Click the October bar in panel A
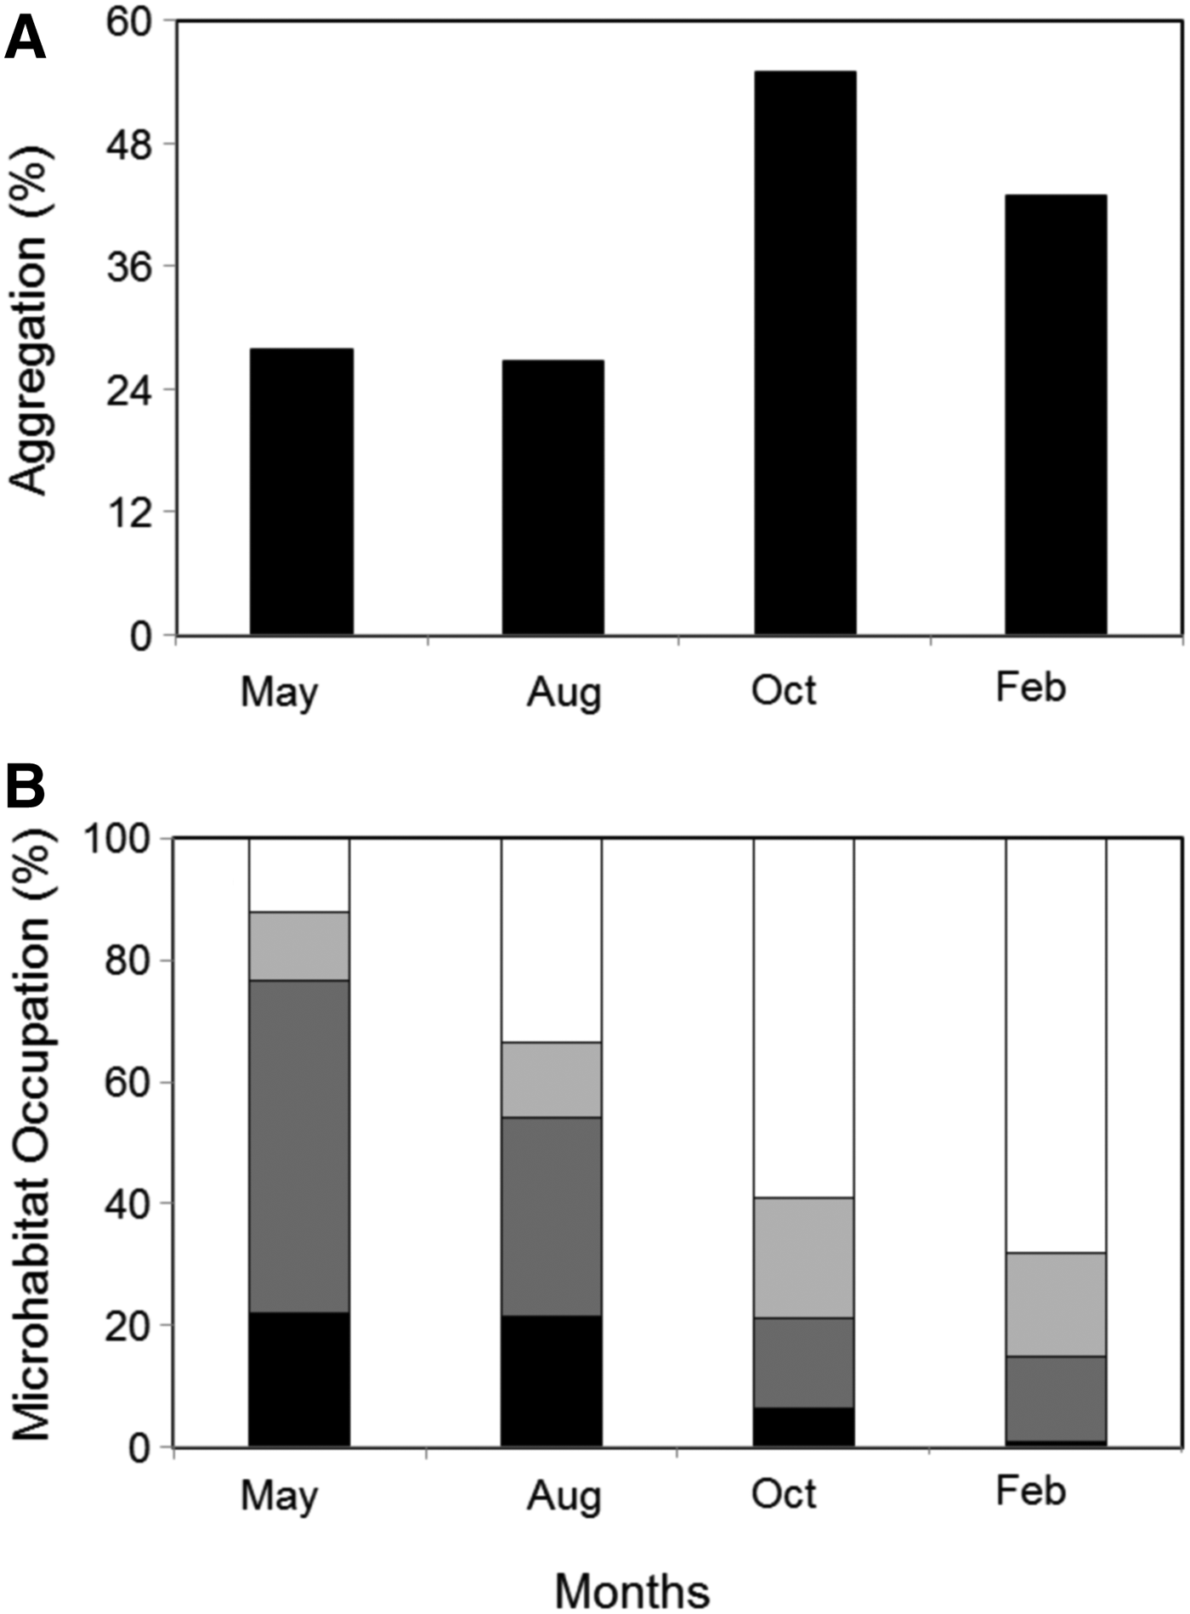(804, 353)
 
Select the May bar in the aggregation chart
(301, 491)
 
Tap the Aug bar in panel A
(552, 497)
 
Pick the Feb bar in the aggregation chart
(1056, 415)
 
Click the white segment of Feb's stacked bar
(1056, 1045)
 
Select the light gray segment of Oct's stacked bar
(804, 1257)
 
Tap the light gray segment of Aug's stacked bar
(552, 1079)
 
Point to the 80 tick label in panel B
(128, 960)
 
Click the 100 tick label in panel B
(119, 839)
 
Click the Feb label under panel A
(1030, 687)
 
